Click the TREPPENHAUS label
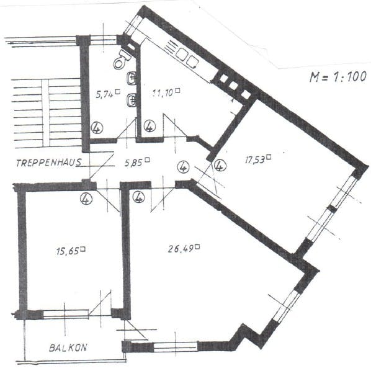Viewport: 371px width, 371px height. click(49, 163)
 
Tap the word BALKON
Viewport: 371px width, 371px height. click(68, 347)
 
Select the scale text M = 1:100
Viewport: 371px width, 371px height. click(338, 77)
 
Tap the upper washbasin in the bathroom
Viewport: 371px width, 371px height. click(132, 78)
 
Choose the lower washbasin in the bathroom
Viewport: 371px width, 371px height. click(132, 100)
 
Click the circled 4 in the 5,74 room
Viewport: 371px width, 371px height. click(97, 128)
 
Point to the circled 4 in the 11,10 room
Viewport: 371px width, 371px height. click(150, 126)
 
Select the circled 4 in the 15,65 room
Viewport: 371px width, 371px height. click(86, 199)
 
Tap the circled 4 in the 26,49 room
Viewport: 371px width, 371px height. click(138, 197)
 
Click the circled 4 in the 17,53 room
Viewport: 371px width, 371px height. click(220, 165)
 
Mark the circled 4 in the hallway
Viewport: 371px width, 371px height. click(183, 167)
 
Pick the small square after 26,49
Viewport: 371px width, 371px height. click(197, 247)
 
